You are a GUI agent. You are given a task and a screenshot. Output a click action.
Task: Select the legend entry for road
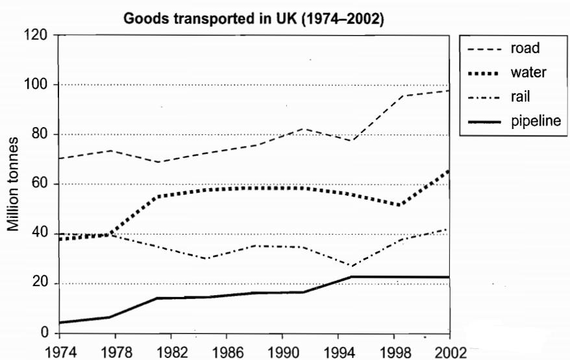525,47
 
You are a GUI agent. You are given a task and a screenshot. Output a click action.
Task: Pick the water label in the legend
528,72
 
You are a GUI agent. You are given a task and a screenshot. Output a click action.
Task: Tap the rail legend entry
522,97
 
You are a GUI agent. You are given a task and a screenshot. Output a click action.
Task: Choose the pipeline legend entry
534,121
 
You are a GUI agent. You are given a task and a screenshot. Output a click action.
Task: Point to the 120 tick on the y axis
37,35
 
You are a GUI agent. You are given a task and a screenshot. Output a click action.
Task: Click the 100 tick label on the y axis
37,85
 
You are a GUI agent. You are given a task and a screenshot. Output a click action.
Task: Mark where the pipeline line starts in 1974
59,322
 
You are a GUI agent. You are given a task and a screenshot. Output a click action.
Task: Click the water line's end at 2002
448,170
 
